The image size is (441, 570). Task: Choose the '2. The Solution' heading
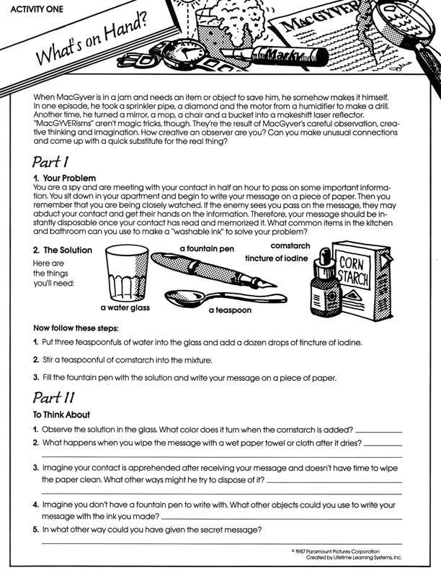[63, 250]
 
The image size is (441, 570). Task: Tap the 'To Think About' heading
[62, 415]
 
